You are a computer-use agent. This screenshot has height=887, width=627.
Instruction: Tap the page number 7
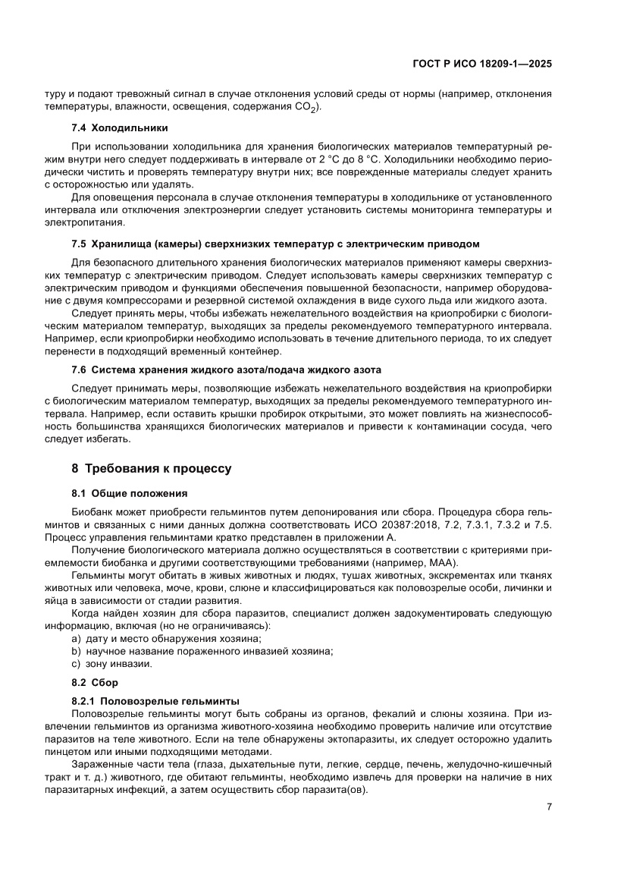pos(548,807)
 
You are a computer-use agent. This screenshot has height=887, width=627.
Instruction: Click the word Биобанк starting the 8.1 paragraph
pos(92,513)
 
